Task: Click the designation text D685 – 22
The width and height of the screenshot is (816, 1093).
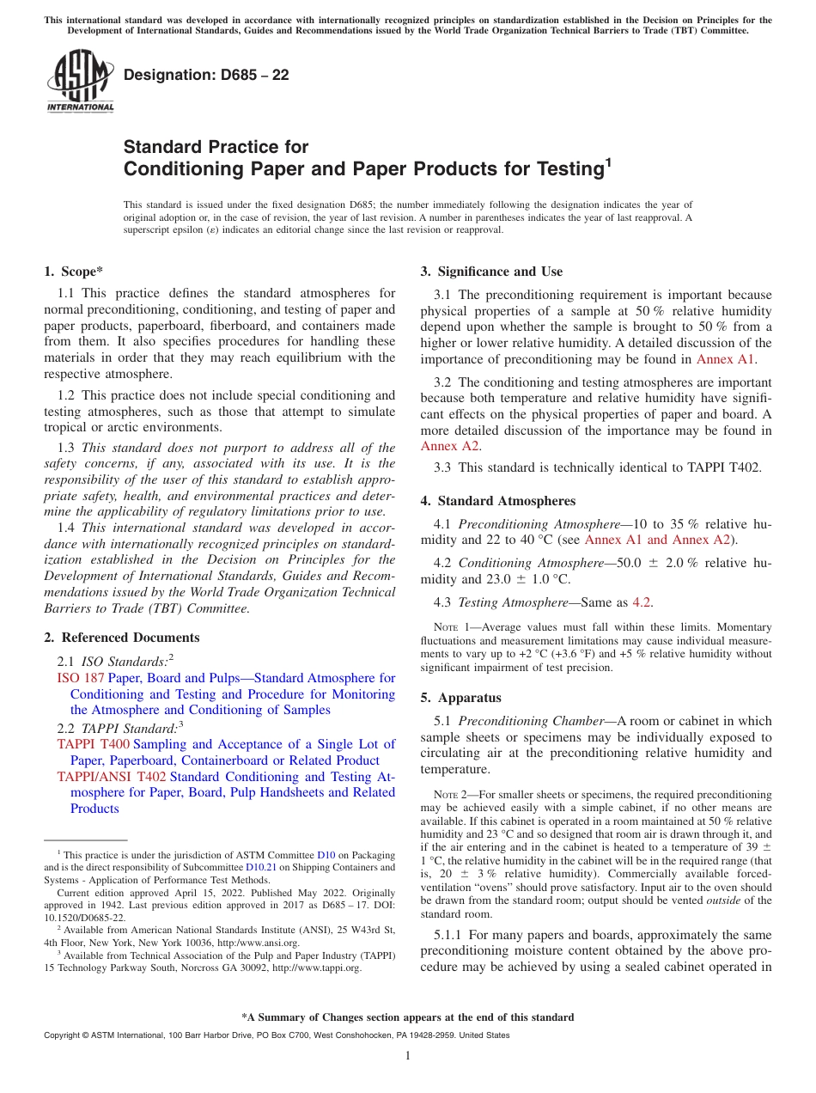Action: [x=206, y=75]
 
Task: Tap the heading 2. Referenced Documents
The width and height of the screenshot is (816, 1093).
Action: [x=122, y=638]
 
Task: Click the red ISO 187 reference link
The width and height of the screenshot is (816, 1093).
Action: [x=81, y=678]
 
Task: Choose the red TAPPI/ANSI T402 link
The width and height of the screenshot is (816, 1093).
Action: [x=112, y=777]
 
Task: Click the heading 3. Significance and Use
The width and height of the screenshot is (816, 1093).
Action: [x=491, y=272]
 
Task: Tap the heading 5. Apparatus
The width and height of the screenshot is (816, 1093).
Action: [x=461, y=698]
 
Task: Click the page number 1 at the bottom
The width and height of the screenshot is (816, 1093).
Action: [x=408, y=1056]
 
